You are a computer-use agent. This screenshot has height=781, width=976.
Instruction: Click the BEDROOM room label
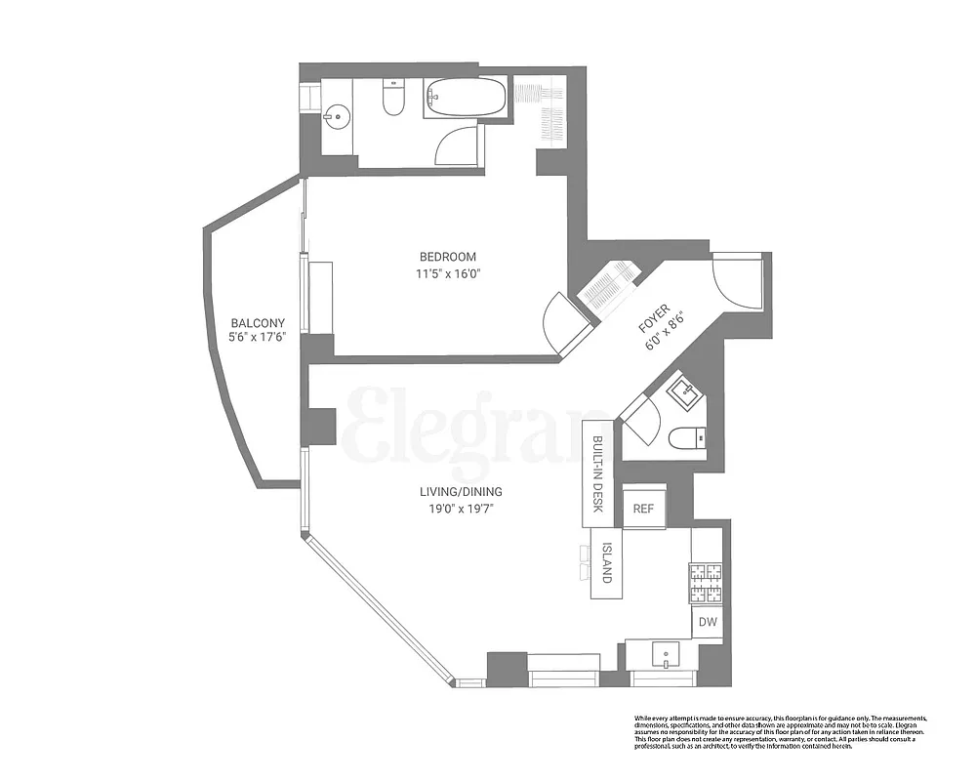(x=448, y=257)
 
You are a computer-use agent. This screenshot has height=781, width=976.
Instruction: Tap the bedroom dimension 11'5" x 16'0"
(x=448, y=274)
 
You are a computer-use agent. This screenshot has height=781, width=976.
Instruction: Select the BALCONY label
(x=258, y=323)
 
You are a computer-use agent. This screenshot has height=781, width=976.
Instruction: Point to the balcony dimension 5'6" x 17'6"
(x=258, y=339)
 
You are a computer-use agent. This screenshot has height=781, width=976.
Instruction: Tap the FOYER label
(x=653, y=318)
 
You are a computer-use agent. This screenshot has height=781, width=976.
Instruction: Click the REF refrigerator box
(x=643, y=508)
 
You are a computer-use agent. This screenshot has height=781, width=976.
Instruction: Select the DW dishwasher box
(x=707, y=621)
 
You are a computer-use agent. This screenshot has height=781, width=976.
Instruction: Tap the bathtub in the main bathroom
(x=466, y=98)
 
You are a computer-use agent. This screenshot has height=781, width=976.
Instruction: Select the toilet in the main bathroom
(x=392, y=100)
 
